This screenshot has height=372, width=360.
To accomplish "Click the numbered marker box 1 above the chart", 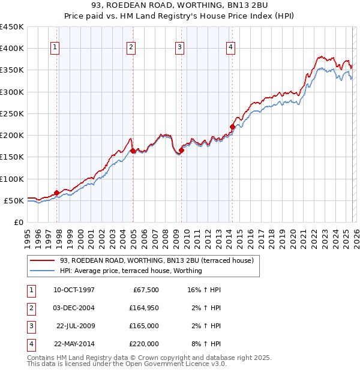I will click(55, 49).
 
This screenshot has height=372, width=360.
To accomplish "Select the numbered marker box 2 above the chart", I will click(131, 49).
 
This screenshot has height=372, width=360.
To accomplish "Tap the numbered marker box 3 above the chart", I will click(180, 49).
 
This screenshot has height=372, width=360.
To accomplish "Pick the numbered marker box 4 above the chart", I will click(231, 49).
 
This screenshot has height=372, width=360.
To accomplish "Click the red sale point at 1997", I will click(57, 193).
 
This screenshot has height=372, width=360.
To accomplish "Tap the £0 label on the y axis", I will click(19, 222).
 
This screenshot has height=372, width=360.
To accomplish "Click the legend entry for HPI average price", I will click(131, 271).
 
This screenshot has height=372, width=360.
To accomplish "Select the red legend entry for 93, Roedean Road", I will click(157, 260).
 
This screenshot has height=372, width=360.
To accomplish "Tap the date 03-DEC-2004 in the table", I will click(74, 308).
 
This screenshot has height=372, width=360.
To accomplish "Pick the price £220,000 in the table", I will click(143, 344).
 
